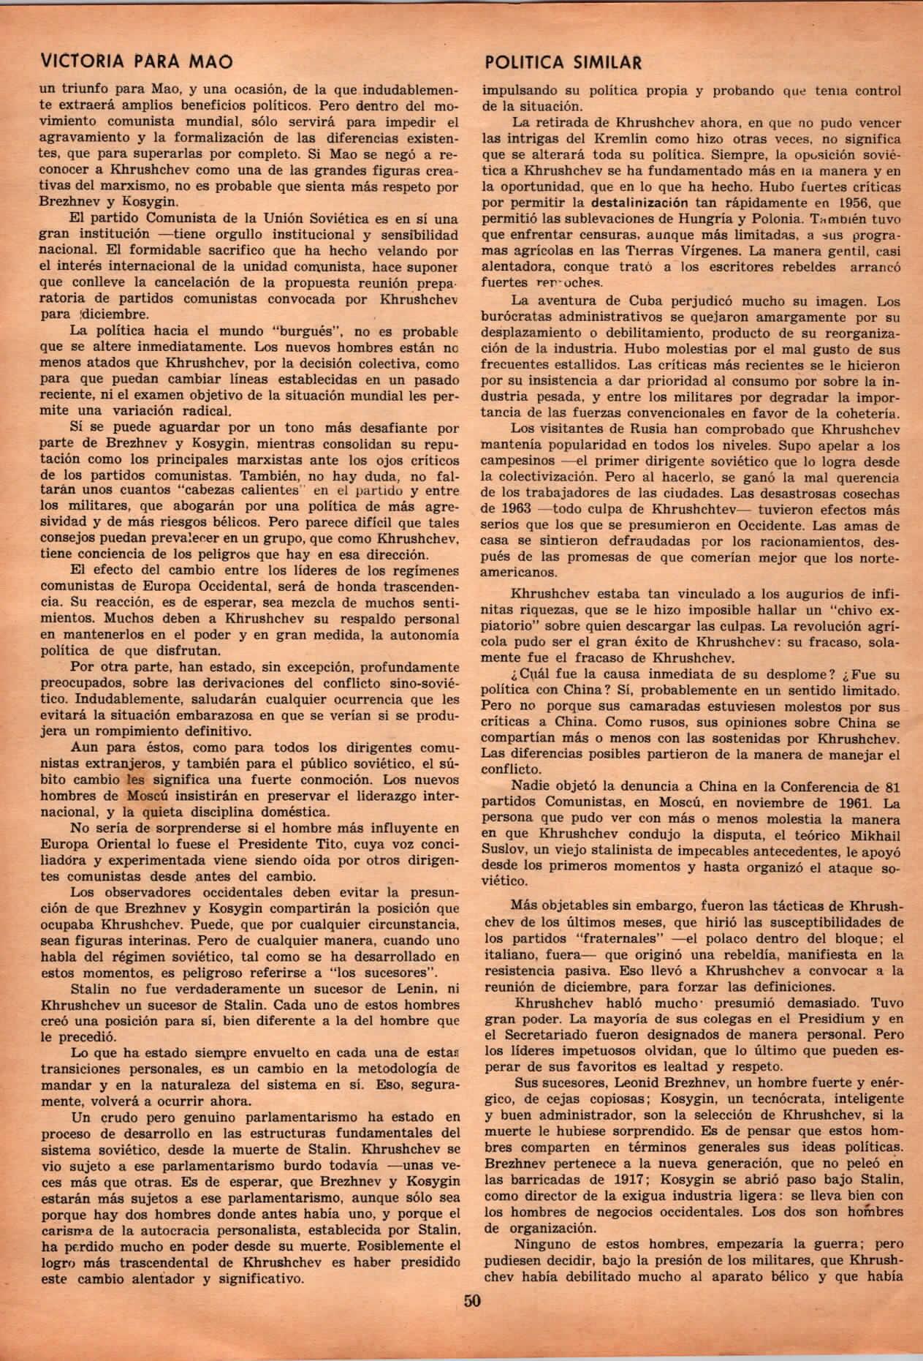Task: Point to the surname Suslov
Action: [x=504, y=851]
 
